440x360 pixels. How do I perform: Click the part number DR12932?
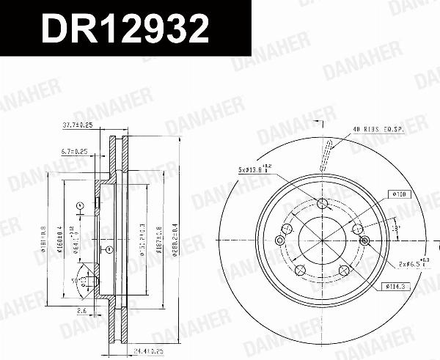[x=125, y=29]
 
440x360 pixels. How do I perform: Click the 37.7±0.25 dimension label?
[x=76, y=125]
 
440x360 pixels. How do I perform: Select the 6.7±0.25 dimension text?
[x=73, y=152]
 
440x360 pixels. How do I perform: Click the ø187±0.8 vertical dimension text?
[x=159, y=238]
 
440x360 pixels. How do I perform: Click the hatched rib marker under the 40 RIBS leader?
[x=323, y=159]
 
